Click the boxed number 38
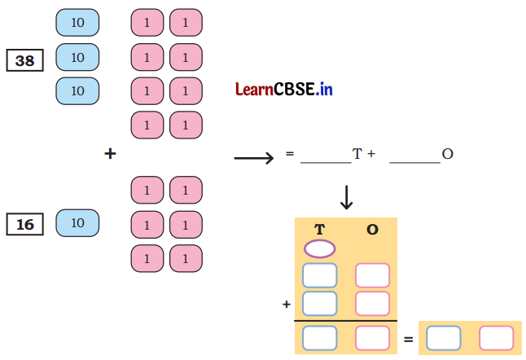pos(26,60)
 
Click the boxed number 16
pos(26,224)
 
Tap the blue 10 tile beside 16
pos(77,222)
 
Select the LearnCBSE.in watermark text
pos(284,90)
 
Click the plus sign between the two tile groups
pos(110,152)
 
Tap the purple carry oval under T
pos(319,248)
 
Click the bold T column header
pos(319,230)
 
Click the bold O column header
pos(372,230)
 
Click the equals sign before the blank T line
pos(289,153)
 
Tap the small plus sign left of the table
pos(287,304)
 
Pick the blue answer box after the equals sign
pos(444,337)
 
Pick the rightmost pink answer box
pos(497,337)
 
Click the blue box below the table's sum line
pos(319,337)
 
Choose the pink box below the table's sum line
pos(372,337)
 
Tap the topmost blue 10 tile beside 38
pos(77,22)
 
